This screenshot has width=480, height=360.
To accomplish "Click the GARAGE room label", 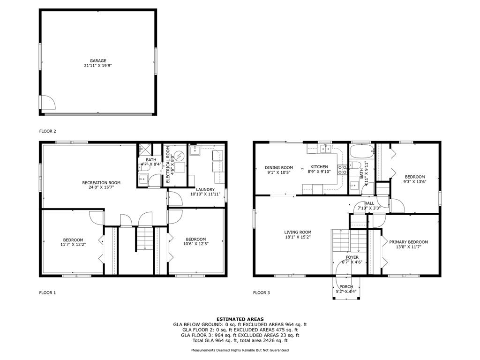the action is click(x=98, y=60).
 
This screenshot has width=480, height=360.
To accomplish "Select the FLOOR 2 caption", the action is click(x=47, y=131).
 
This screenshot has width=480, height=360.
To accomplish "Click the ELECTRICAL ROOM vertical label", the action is click(x=168, y=165).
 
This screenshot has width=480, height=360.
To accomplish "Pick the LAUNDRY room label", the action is click(x=205, y=189).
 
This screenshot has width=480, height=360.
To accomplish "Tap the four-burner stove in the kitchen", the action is click(x=342, y=170).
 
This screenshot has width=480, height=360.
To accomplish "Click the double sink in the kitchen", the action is click(x=326, y=149).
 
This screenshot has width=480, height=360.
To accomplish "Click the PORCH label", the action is click(x=346, y=286).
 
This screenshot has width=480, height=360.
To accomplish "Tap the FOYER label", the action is click(x=352, y=257).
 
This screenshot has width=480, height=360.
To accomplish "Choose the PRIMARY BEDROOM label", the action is click(x=408, y=242).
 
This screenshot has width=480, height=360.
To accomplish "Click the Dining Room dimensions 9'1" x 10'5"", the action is click(x=278, y=172).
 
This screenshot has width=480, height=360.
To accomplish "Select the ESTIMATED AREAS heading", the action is click(x=240, y=319).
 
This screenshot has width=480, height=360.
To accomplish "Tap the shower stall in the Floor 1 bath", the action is click(x=145, y=150).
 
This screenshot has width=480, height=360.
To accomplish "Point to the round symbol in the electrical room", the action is click(x=179, y=157).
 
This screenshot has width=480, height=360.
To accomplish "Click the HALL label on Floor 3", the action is click(x=369, y=203).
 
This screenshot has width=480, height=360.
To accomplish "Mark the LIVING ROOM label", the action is click(x=298, y=232).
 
